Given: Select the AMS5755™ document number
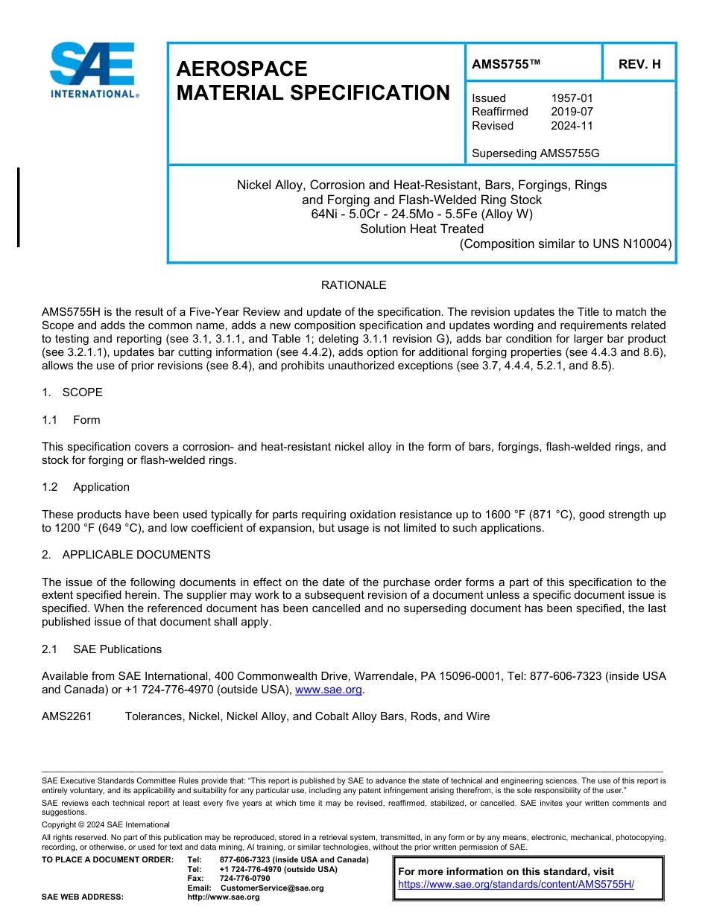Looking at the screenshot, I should (505, 64).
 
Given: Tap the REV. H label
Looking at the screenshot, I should (639, 64).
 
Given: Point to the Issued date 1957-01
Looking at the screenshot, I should (572, 98).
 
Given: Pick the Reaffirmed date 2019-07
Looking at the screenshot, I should (572, 112).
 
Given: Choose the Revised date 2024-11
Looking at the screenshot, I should (572, 126).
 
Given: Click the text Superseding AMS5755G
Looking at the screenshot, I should (535, 153).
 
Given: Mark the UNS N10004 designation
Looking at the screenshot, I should (633, 244).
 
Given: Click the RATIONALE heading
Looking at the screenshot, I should (353, 285).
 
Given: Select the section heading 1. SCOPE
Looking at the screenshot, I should (72, 392).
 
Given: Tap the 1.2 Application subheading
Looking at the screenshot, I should (86, 487).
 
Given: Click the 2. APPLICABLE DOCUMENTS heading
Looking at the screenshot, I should (126, 555).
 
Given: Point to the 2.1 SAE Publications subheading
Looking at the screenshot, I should (101, 649).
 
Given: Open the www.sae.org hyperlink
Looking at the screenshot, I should (329, 690).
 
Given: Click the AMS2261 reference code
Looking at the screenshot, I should (67, 716).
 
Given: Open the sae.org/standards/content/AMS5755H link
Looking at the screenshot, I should (516, 885).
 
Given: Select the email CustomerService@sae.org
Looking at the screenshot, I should (272, 888).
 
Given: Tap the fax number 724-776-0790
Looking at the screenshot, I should (244, 878).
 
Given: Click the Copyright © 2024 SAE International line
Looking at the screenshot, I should (106, 824).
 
